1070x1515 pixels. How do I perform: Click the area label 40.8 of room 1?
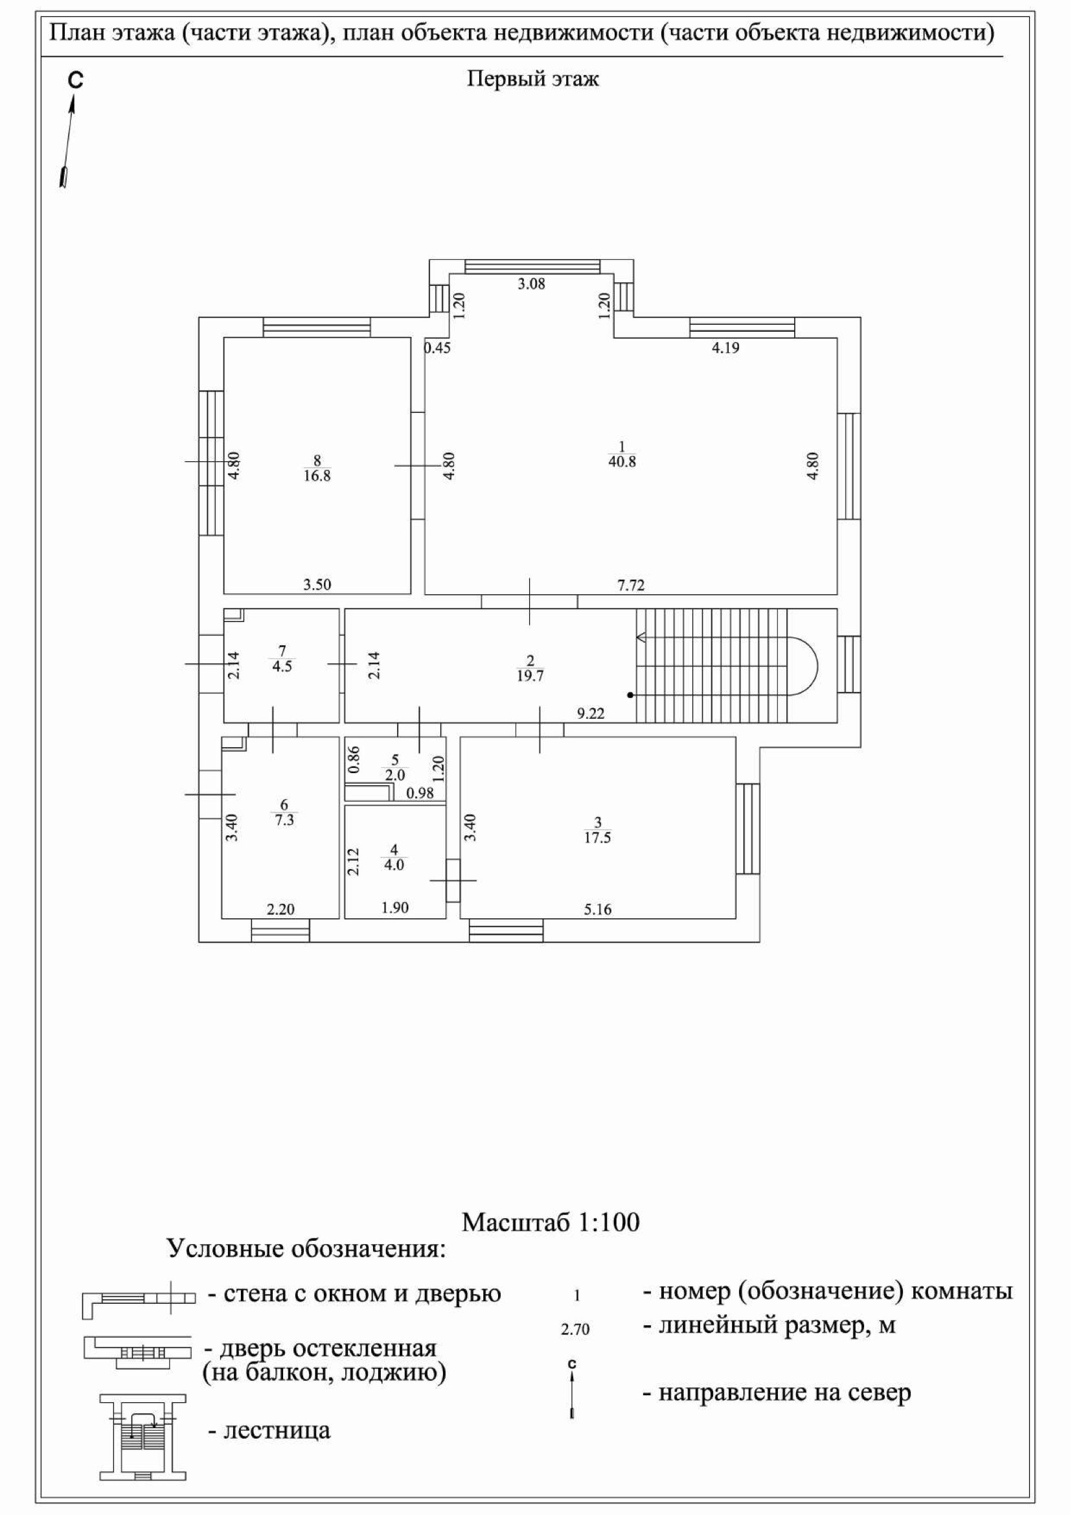[x=622, y=462]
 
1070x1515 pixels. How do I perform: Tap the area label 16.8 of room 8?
[x=317, y=476]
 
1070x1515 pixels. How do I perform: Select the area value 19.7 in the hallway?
[x=530, y=676]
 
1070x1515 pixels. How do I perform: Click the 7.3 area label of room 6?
[x=284, y=820]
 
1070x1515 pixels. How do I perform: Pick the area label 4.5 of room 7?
[x=282, y=665]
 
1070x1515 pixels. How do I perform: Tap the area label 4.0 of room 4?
[x=394, y=864]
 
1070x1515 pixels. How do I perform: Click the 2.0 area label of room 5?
[x=394, y=775]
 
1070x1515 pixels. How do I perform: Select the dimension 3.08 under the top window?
[x=531, y=284]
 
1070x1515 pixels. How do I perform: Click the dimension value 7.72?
[x=631, y=584]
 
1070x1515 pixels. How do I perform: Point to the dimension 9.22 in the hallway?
[x=591, y=713]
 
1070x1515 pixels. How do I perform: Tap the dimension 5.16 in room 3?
[x=598, y=909]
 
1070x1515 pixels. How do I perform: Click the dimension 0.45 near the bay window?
[x=437, y=348]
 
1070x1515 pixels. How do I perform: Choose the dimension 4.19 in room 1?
[x=725, y=348]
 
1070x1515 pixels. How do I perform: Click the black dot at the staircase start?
[x=630, y=695]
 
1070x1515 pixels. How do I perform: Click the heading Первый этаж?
[x=533, y=79]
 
